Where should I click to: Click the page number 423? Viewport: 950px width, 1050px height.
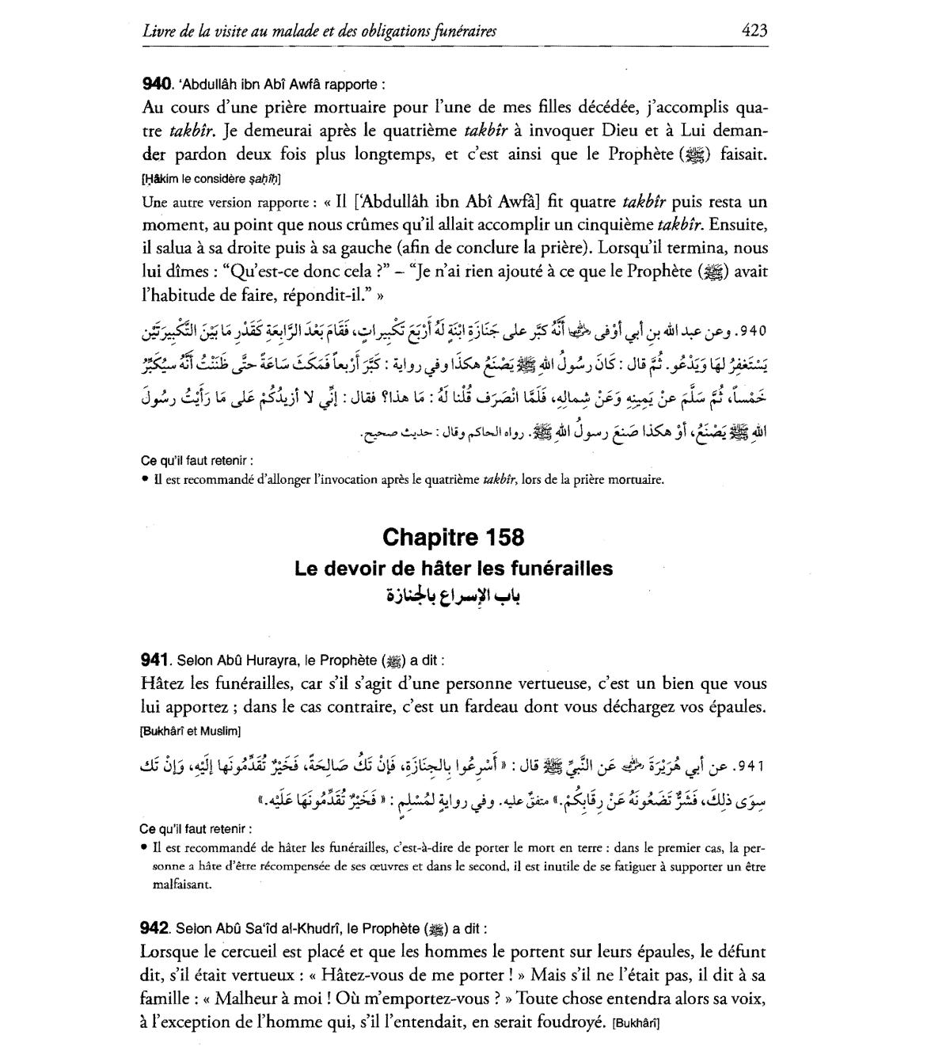[x=754, y=31]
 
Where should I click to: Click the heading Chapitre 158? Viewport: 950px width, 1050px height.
[x=453, y=538]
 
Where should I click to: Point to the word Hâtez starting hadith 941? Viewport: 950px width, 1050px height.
[x=163, y=683]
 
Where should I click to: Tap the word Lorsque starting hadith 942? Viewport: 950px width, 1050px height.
[x=169, y=952]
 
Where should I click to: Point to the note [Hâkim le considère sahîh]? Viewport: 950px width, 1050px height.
[x=200, y=179]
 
